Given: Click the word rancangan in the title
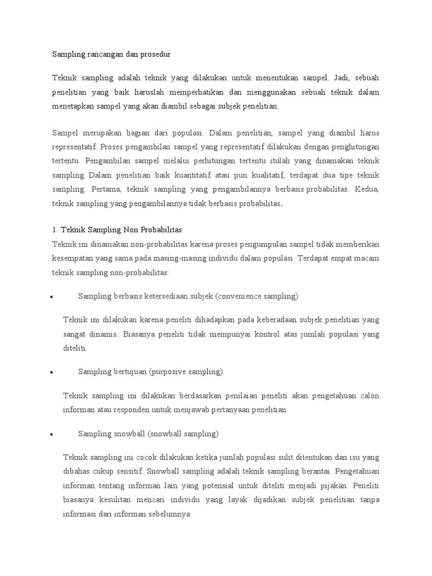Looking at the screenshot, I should pyautogui.click(x=103, y=55).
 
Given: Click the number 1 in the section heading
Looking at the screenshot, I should pyautogui.click(x=54, y=230).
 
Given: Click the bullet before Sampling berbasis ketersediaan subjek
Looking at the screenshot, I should pyautogui.click(x=51, y=297).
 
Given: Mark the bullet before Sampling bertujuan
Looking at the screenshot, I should pyautogui.click(x=51, y=372).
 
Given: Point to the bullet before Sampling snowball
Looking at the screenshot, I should pyautogui.click(x=51, y=434).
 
